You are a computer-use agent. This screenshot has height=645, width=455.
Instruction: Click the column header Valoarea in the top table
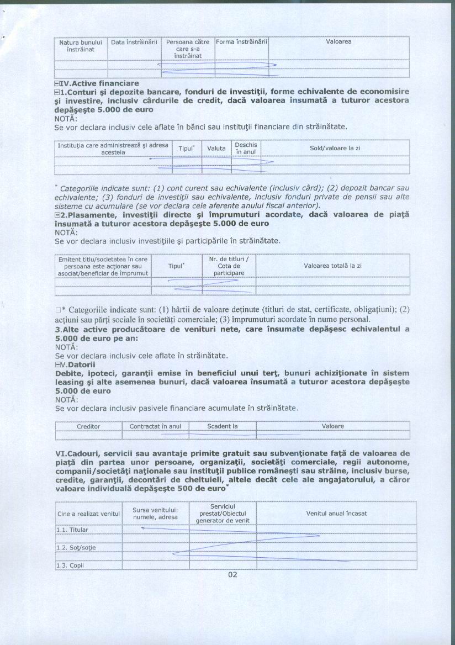(x=338, y=41)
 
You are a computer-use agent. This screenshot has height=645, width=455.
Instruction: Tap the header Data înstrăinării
(x=134, y=41)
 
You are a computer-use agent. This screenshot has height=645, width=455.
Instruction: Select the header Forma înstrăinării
(x=241, y=41)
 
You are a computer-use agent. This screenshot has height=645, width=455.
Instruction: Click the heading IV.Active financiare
(x=100, y=83)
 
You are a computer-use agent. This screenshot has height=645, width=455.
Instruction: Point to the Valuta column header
(x=216, y=149)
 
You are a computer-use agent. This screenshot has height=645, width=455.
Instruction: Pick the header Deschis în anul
(x=246, y=148)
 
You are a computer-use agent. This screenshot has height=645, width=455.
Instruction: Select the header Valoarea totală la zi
(x=332, y=266)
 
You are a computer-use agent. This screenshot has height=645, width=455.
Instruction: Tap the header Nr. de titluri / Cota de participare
(x=229, y=266)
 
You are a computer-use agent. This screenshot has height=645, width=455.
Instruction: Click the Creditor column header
(x=88, y=426)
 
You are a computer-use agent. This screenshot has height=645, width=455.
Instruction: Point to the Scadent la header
(x=222, y=426)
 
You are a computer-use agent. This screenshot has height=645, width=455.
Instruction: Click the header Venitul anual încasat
(x=336, y=514)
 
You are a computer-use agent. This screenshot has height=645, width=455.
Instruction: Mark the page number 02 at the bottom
(x=232, y=574)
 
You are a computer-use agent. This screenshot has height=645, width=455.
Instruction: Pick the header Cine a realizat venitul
(x=88, y=514)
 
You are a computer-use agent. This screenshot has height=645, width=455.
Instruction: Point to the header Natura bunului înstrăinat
(x=81, y=45)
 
